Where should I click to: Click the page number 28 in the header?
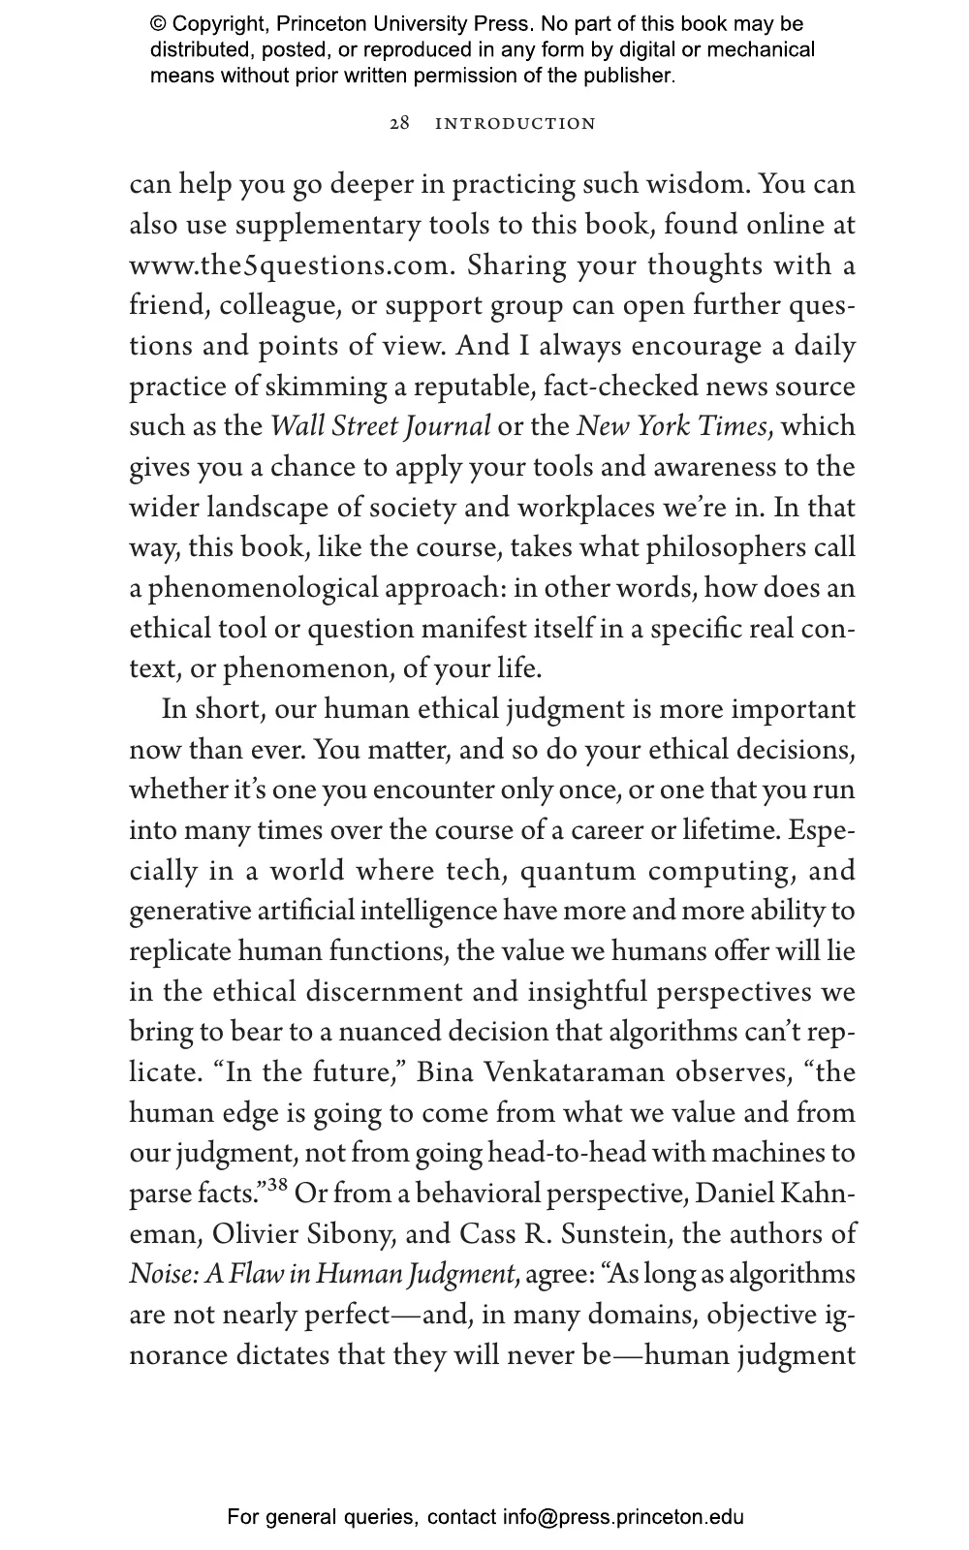click(x=399, y=124)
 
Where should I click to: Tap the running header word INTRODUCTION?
click(x=516, y=124)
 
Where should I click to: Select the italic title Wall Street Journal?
click(x=381, y=427)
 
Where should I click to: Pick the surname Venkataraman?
click(x=574, y=1073)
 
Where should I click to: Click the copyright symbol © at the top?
click(x=157, y=24)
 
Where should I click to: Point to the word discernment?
click(x=382, y=993)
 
